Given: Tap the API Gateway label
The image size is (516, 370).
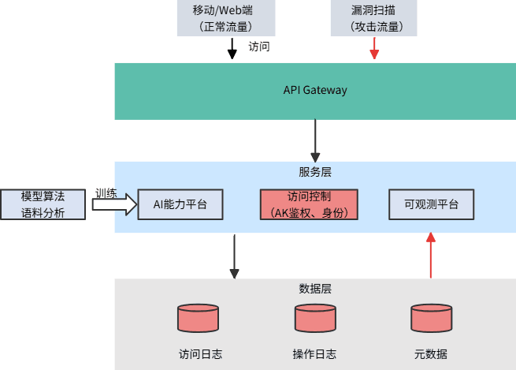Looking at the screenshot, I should point(315,90).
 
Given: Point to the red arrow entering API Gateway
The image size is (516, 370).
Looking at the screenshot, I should point(374,50).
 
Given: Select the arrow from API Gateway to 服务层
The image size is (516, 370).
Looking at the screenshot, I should point(315,140).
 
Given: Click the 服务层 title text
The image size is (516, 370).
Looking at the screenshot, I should point(315,171).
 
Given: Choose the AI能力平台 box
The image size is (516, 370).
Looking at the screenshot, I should point(180,204).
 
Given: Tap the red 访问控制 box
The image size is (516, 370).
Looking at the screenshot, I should point(309,204).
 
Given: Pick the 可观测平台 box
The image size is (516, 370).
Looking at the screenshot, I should point(432,204).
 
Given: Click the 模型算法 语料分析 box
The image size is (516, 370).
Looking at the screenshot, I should point(43,204).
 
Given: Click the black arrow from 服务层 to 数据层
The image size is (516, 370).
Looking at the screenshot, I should point(234,256).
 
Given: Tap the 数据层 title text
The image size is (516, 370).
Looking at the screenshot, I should point(315,288).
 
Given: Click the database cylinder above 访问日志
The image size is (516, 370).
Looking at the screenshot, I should point(198,318).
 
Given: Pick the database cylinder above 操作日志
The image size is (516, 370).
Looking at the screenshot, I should point(315,318).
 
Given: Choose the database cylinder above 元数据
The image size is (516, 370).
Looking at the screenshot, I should point(432,318).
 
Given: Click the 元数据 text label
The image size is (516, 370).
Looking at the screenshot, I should point(431,353).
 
